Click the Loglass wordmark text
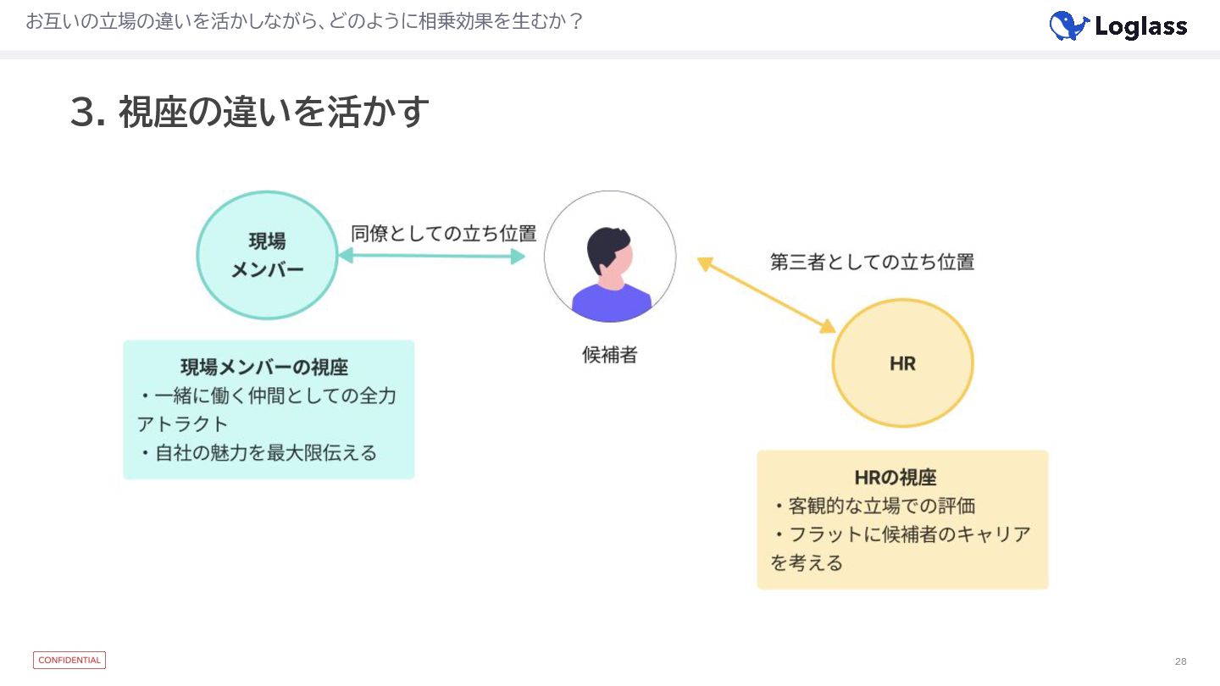[1140, 27]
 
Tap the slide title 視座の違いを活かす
[274, 113]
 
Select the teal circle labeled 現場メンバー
[267, 255]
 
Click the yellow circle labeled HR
[902, 363]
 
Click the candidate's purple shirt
[611, 302]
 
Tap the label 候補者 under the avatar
[609, 355]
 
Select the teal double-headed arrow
[432, 256]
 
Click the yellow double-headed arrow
[766, 295]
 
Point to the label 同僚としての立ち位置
[443, 234]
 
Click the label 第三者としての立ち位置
[872, 262]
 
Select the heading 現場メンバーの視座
[264, 367]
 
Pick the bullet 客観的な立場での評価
[881, 506]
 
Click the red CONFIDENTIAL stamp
[69, 661]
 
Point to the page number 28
[1181, 661]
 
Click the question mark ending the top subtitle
[576, 22]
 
